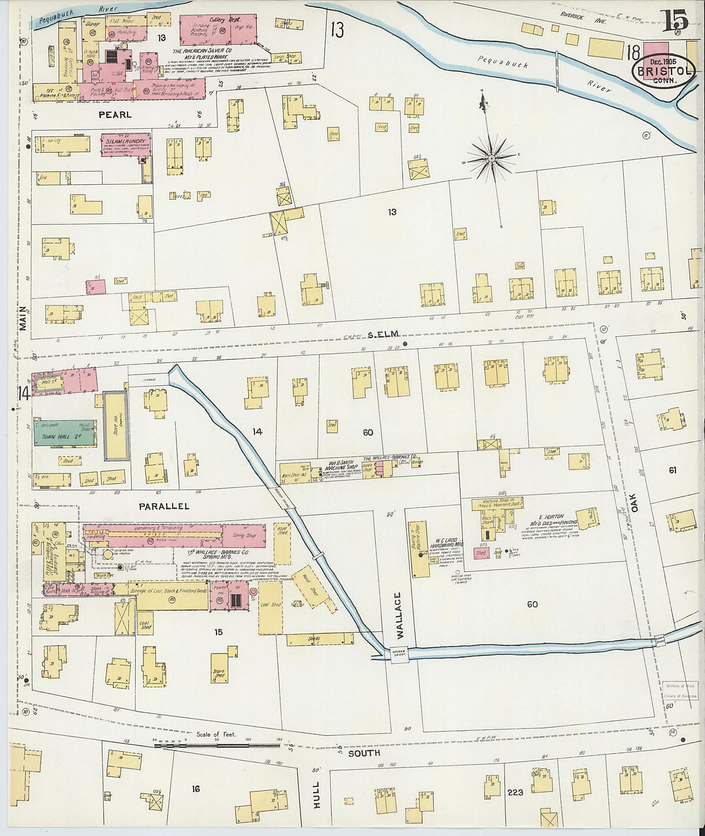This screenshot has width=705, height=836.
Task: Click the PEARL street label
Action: tap(115, 114)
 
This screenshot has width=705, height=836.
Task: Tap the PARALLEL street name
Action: tap(164, 506)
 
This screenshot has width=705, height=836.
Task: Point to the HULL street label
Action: tap(316, 795)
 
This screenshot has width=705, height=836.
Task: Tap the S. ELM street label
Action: tap(383, 334)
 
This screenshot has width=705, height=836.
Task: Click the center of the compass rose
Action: tap(492, 159)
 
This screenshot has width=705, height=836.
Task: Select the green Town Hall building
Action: tap(63, 432)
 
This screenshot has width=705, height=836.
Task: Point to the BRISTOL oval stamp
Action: tap(663, 71)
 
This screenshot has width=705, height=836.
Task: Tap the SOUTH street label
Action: tap(363, 753)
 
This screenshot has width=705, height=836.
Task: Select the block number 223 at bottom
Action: tap(515, 792)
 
